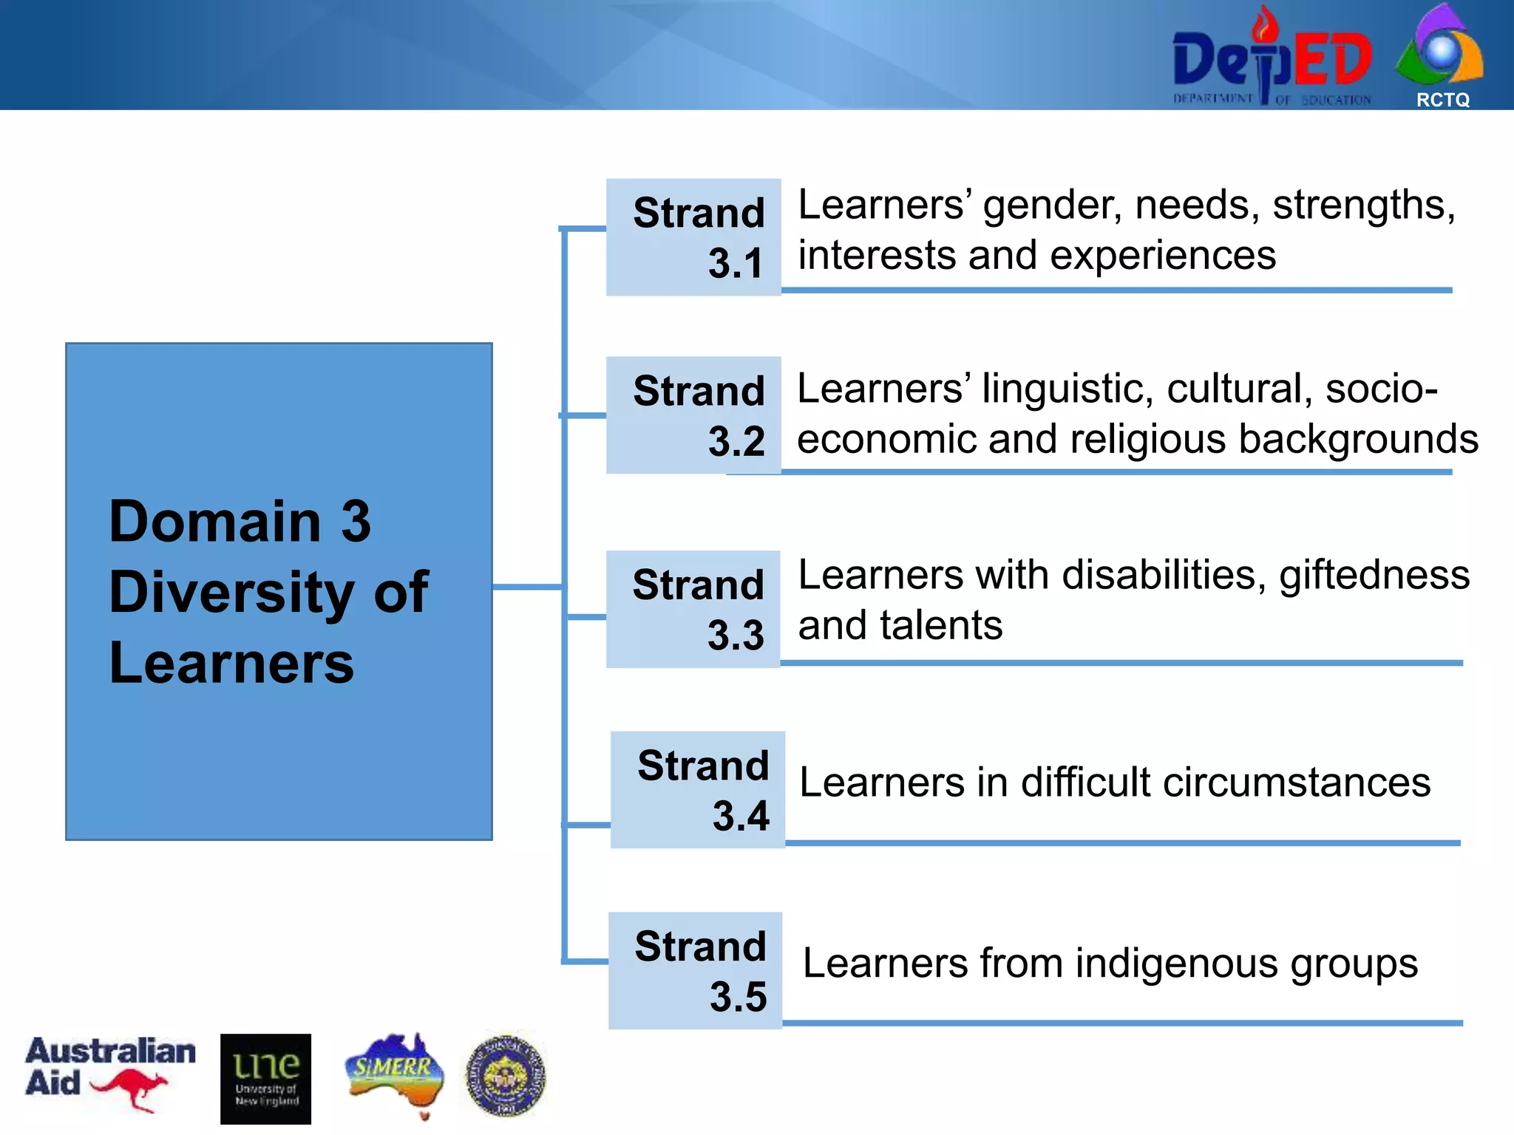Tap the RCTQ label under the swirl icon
click(1442, 100)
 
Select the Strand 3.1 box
click(693, 237)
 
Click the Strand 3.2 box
click(693, 415)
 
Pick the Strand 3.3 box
click(693, 609)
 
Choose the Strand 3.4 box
click(698, 789)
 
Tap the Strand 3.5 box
click(695, 970)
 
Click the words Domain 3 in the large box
click(240, 522)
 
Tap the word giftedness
click(1374, 576)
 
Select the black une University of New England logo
click(265, 1078)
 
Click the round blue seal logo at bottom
click(506, 1074)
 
